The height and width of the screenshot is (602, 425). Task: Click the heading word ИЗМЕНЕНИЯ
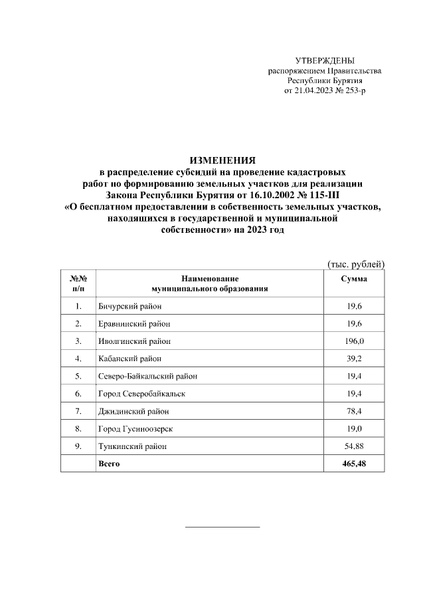pos(222,161)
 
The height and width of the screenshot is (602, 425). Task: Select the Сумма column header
pos(354,279)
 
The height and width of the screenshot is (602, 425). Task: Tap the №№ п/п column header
pos(78,284)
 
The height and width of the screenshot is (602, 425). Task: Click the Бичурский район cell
pos(130,306)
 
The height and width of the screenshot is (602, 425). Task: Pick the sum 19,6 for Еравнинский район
pos(354,323)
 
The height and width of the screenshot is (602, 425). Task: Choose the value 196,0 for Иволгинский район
pos(354,341)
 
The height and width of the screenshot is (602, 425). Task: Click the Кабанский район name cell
pos(130,359)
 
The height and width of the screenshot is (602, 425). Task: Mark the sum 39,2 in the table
pos(354,359)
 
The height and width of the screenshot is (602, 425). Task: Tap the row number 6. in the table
pos(78,394)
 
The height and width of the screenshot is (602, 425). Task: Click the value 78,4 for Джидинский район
pos(354,411)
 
